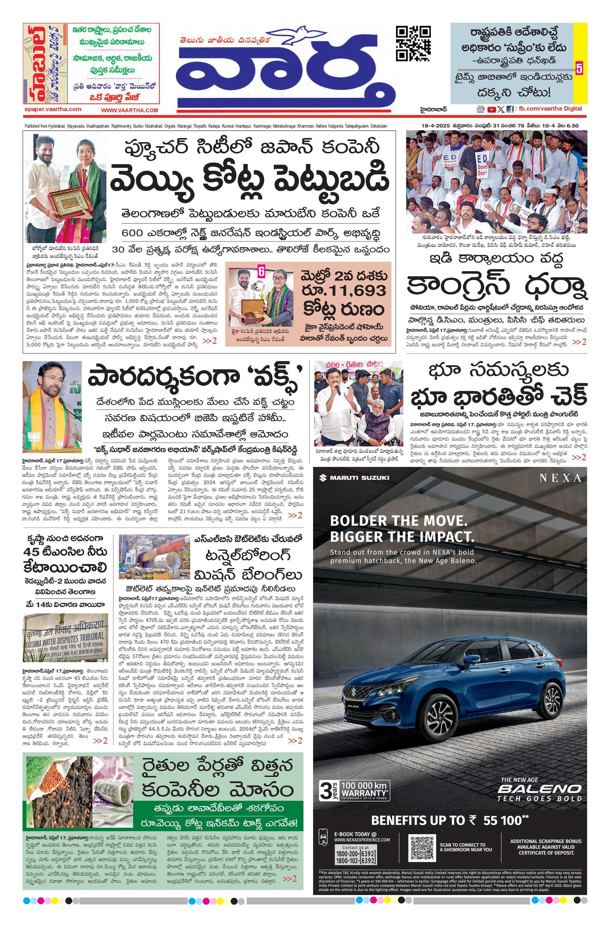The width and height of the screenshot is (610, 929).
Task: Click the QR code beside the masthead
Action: pyautogui.click(x=413, y=43)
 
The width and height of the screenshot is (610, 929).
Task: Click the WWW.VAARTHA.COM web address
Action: pyautogui.click(x=130, y=111)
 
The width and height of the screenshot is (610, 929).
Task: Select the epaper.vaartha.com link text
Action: pyautogui.click(x=53, y=110)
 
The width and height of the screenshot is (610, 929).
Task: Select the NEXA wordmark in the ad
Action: pyautogui.click(x=560, y=478)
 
